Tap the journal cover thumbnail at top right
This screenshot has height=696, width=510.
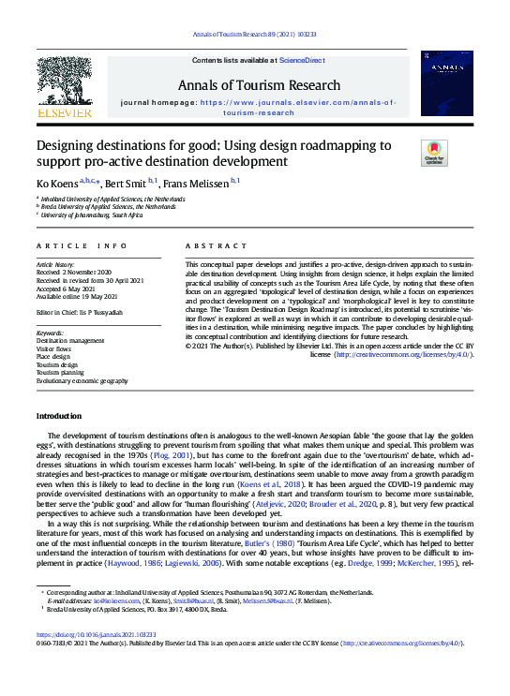click(446, 84)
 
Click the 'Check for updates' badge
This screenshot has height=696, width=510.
click(434, 154)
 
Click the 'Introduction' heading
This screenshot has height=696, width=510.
click(58, 415)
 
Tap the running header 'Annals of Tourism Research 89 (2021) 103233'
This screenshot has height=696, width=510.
click(255, 34)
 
